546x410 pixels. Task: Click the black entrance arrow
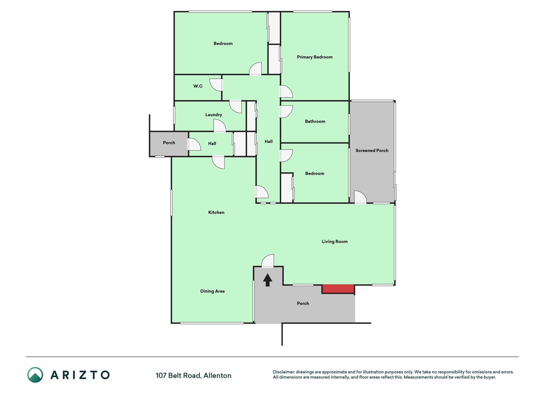(267, 280)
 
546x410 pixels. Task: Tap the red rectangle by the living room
(338, 289)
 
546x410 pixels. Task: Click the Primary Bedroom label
(315, 57)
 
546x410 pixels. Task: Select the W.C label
(198, 86)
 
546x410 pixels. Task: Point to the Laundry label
(214, 115)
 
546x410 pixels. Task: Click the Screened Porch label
(372, 150)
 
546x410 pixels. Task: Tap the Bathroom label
(315, 121)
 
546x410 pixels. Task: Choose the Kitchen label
(216, 212)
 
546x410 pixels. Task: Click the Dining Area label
(212, 291)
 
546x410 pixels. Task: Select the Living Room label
(335, 242)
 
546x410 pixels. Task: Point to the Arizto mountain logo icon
(35, 375)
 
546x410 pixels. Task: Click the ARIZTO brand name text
(80, 375)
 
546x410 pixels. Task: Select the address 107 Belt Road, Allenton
(194, 375)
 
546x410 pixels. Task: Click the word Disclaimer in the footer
(283, 372)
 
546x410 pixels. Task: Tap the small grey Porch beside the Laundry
(169, 144)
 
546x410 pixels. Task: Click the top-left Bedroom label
(223, 44)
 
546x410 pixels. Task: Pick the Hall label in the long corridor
(269, 141)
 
